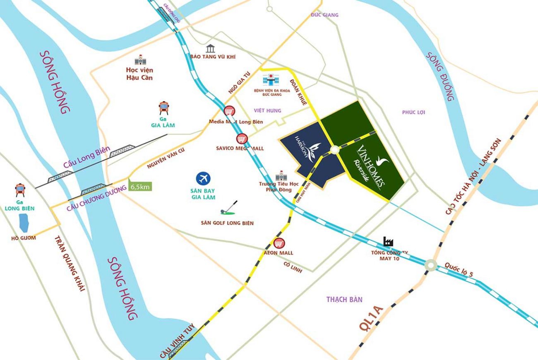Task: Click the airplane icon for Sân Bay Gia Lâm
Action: coord(203,179)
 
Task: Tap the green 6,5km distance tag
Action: coord(140,187)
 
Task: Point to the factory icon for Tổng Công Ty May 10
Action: coord(388,242)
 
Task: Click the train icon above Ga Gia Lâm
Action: coord(163,108)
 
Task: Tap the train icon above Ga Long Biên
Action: coord(19,190)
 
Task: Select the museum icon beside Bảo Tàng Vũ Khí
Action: coord(211,48)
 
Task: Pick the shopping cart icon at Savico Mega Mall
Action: coord(242,139)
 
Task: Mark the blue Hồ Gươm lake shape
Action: coord(24,223)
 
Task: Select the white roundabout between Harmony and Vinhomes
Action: coord(334,149)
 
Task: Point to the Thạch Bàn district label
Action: coord(344,299)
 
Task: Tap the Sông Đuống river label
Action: coord(441,77)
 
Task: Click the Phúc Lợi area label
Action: coord(413,112)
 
